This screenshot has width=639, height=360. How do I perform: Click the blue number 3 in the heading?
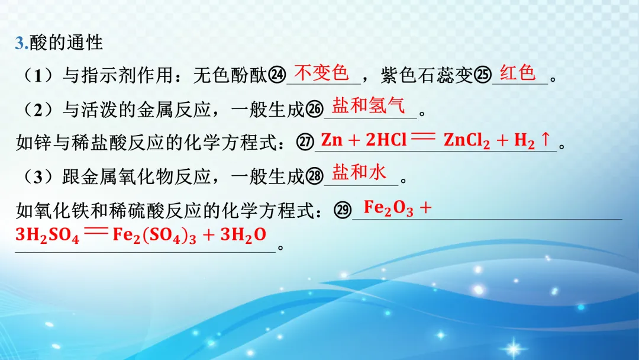pyautogui.click(x=20, y=43)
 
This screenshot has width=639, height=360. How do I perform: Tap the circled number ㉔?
pyautogui.click(x=276, y=76)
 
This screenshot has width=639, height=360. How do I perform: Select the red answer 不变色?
pyautogui.click(x=322, y=73)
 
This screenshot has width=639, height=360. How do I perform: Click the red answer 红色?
pyautogui.click(x=518, y=73)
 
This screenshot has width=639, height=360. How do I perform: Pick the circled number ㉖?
pyautogui.click(x=315, y=110)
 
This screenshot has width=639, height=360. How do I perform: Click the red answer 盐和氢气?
pyautogui.click(x=369, y=106)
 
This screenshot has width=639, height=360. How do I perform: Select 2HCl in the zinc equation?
pyautogui.click(x=386, y=140)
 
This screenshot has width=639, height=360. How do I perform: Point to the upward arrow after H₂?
pyautogui.click(x=546, y=140)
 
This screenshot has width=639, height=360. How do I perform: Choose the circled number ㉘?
pyautogui.click(x=315, y=176)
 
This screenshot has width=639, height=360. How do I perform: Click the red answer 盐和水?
pyautogui.click(x=359, y=173)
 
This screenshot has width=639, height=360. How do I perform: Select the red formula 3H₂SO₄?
pyautogui.click(x=47, y=235)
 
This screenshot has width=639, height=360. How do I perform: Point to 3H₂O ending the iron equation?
pyautogui.click(x=243, y=235)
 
